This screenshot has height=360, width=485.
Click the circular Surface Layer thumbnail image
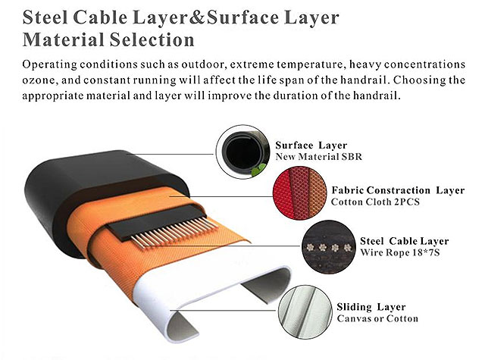[x=242, y=150]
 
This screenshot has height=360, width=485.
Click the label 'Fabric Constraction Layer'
[x=398, y=190]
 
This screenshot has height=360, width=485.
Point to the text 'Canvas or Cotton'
[x=377, y=319]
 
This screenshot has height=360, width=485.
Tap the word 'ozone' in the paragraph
[x=41, y=81]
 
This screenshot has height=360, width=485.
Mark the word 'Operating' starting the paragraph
[x=52, y=64]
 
